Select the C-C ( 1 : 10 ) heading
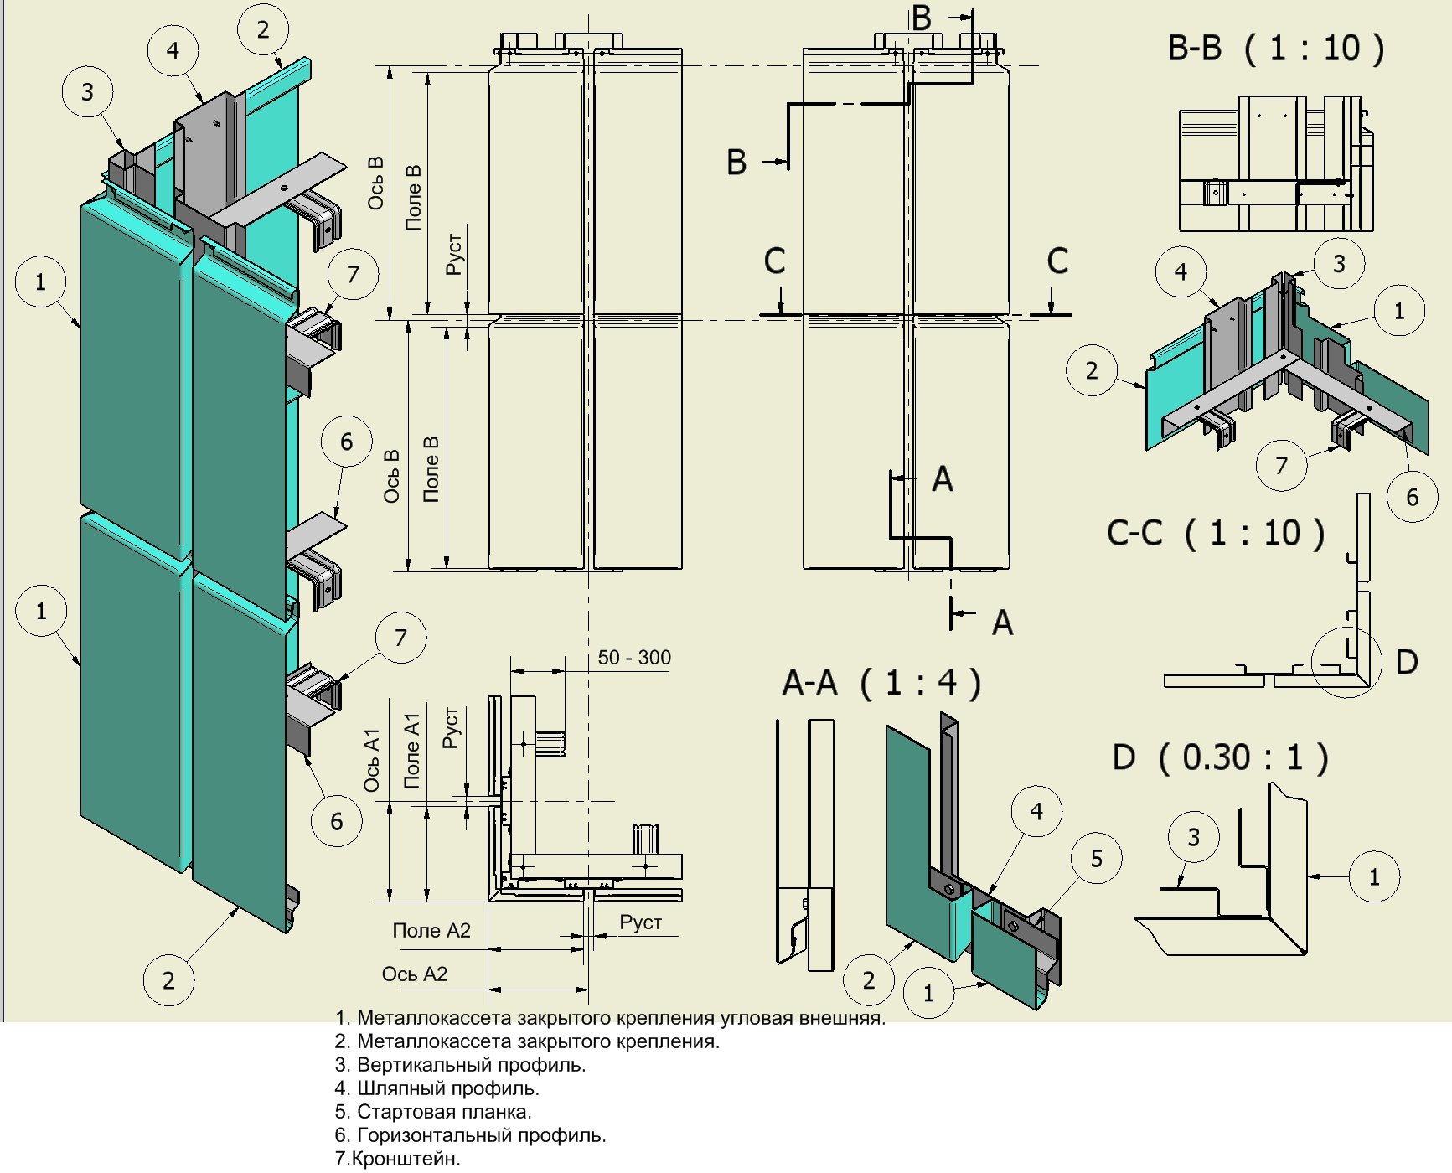(1216, 532)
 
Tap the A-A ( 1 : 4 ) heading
(881, 683)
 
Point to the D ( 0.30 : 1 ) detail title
(1221, 757)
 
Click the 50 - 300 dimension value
(634, 658)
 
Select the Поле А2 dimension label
(431, 930)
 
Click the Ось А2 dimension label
(415, 974)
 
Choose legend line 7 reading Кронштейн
(398, 1160)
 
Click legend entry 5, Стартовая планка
(433, 1112)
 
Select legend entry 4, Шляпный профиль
(437, 1088)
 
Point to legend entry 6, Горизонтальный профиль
(470, 1135)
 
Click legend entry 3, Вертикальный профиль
(460, 1065)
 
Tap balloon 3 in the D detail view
(1194, 836)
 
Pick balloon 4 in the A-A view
(1036, 811)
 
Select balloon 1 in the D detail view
(1374, 877)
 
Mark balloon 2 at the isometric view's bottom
(168, 980)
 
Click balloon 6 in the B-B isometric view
(1412, 497)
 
